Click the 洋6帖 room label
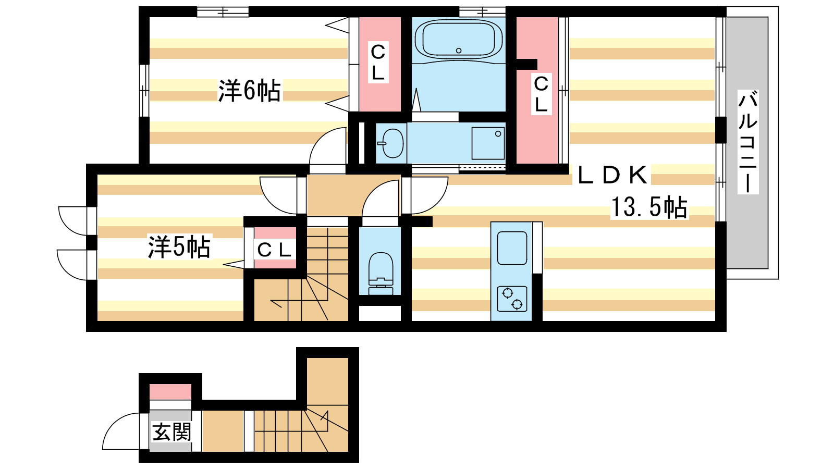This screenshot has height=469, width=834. [x=249, y=91]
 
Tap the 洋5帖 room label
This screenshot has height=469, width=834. [x=179, y=246]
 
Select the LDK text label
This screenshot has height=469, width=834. [x=612, y=175]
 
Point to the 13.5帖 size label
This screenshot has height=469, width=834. [x=649, y=207]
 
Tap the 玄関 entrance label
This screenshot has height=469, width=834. [x=171, y=432]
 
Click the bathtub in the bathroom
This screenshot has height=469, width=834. [x=458, y=39]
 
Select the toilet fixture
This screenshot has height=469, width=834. [x=381, y=273]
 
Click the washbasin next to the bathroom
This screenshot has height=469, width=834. [x=392, y=143]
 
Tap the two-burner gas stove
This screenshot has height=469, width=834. [x=512, y=299]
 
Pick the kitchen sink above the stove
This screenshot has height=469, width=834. [x=512, y=248]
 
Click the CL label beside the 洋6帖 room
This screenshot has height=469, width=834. [x=378, y=62]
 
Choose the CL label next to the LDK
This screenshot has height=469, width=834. [x=541, y=94]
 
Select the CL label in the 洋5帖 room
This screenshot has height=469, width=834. [x=274, y=250]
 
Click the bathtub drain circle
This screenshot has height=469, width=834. [x=459, y=51]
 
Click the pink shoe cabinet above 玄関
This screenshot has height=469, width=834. [x=170, y=392]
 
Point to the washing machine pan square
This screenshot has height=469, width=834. [x=488, y=143]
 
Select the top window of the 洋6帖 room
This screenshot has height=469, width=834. [x=223, y=12]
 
